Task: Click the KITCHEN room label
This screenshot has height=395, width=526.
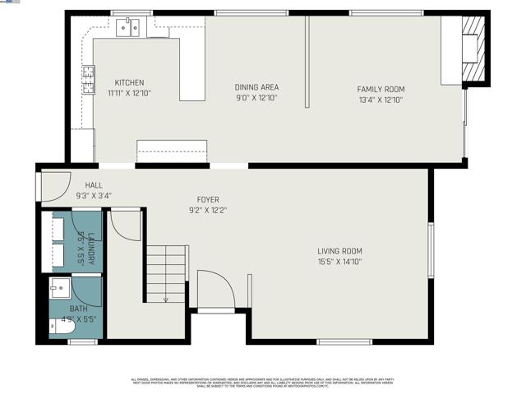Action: click(129, 82)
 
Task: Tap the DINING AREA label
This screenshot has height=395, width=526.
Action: click(256, 87)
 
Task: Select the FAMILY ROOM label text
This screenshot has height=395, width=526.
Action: click(381, 89)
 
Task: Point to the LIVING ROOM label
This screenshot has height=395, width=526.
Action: click(339, 251)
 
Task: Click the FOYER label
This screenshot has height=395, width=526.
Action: click(207, 200)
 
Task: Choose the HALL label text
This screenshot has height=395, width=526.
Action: click(94, 185)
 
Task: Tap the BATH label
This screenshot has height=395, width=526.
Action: click(78, 309)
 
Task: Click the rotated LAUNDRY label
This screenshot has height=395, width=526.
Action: click(91, 249)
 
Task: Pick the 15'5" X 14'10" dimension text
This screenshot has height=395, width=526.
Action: click(339, 262)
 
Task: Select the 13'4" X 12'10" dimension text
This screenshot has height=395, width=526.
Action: click(381, 100)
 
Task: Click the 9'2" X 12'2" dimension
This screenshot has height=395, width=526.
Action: click(207, 210)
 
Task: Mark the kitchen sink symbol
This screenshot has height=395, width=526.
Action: click(129, 28)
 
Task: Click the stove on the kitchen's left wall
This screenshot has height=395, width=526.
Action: click(87, 79)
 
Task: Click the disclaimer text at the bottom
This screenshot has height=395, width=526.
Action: click(263, 381)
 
